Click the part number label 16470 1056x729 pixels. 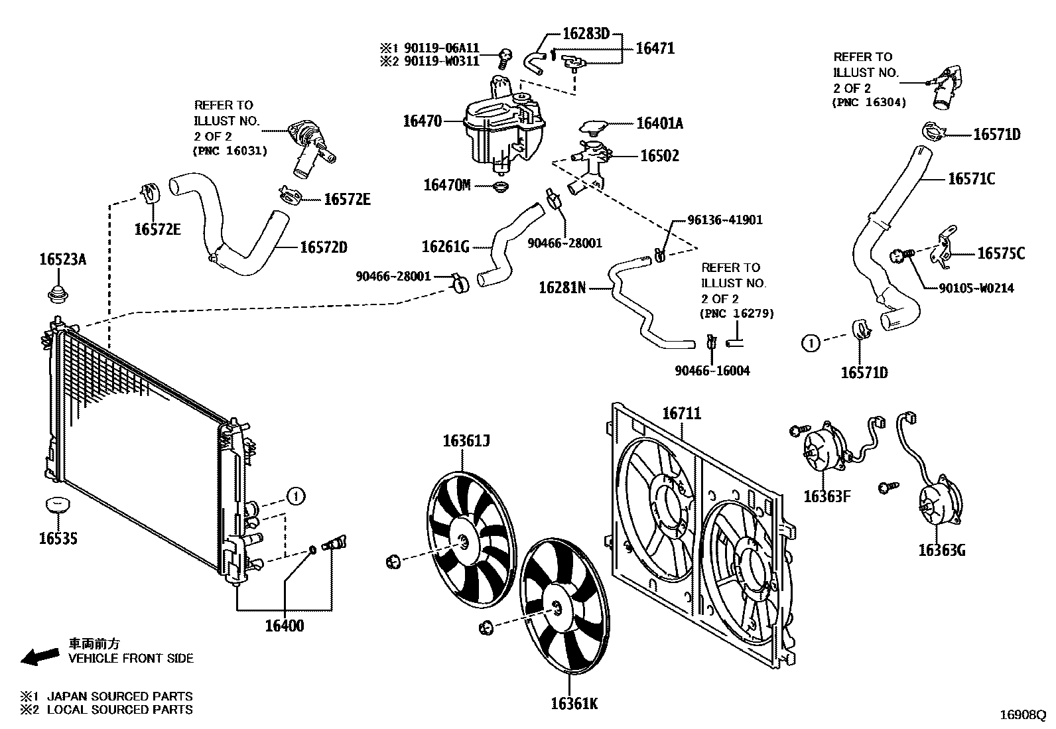point(422,121)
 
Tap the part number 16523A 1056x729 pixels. point(61,260)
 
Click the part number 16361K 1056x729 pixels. point(574,703)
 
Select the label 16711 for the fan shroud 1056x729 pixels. point(682,414)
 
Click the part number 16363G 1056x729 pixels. point(941,550)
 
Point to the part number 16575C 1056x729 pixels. point(1000,253)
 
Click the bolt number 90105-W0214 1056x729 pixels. point(976,288)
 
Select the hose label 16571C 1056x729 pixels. point(971,178)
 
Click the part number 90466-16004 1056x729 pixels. point(712,371)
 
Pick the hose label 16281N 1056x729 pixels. point(562,288)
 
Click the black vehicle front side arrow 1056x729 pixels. point(39,655)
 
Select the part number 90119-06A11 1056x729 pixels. point(445,48)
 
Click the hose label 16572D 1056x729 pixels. point(324,247)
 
